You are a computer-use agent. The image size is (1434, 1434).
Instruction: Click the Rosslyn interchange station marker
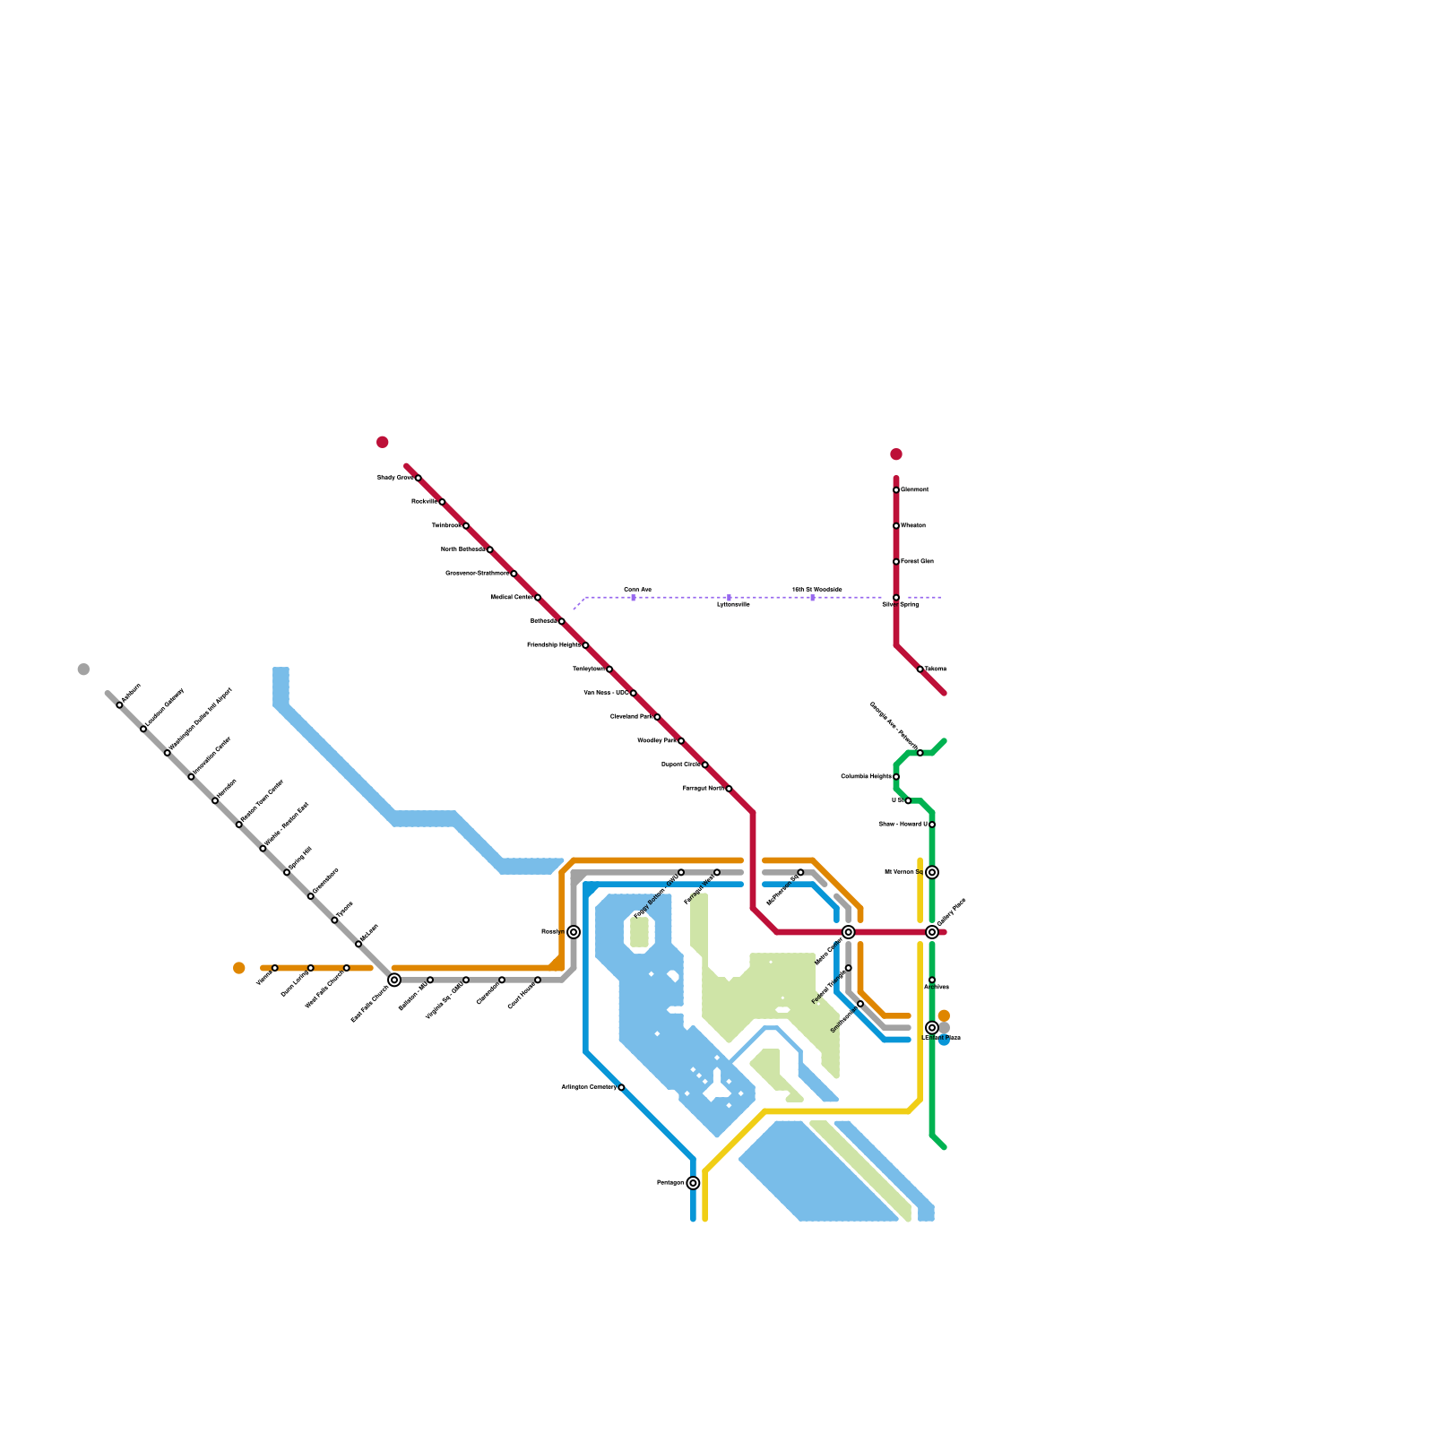pyautogui.click(x=574, y=932)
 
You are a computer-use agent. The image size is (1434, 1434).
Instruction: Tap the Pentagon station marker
pyautogui.click(x=693, y=1183)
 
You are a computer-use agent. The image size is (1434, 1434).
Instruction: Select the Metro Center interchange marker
pyautogui.click(x=849, y=932)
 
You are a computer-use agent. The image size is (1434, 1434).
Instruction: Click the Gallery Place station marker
pyautogui.click(x=932, y=932)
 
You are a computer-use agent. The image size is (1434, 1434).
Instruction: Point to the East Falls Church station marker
pyautogui.click(x=394, y=980)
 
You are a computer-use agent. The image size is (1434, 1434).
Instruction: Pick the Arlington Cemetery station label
pyautogui.click(x=589, y=1087)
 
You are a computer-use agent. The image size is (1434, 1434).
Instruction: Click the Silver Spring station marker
pyautogui.click(x=896, y=598)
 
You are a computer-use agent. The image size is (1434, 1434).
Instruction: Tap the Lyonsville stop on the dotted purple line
pyautogui.click(x=729, y=598)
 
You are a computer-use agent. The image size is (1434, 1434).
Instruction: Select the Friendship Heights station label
pyautogui.click(x=553, y=645)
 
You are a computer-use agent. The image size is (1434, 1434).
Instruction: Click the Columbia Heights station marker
pyautogui.click(x=896, y=777)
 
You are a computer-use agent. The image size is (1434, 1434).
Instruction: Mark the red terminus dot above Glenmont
pyautogui.click(x=896, y=454)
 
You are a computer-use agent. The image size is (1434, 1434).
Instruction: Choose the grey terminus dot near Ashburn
pyautogui.click(x=83, y=669)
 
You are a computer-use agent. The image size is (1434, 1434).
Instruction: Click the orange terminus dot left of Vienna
pyautogui.click(x=238, y=968)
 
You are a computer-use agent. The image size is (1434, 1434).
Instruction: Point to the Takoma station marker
pyautogui.click(x=920, y=669)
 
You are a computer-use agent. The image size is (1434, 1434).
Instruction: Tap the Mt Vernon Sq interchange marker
pyautogui.click(x=932, y=872)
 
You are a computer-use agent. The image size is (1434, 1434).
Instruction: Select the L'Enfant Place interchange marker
pyautogui.click(x=932, y=1028)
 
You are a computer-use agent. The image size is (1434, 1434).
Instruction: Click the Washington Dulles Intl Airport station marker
pyautogui.click(x=167, y=753)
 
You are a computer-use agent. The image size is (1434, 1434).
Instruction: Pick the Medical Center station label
pyautogui.click(x=511, y=597)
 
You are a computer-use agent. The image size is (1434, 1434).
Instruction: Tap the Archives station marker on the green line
pyautogui.click(x=932, y=980)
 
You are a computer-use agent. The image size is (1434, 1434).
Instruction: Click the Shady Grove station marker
pyautogui.click(x=419, y=478)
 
